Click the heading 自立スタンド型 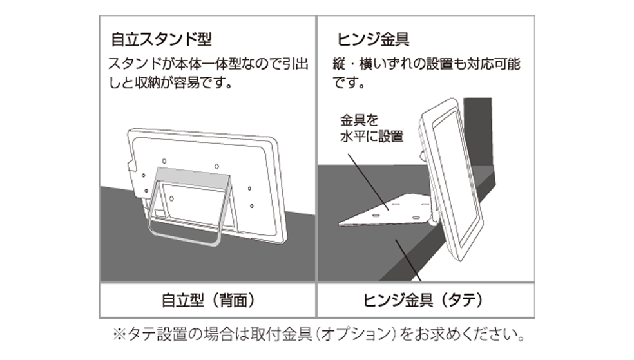click(161, 40)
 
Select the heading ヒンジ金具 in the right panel click(373, 40)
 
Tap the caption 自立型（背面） click(208, 300)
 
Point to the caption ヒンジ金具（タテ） click(424, 300)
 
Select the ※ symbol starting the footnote click(119, 335)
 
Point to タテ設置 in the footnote click(150, 335)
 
